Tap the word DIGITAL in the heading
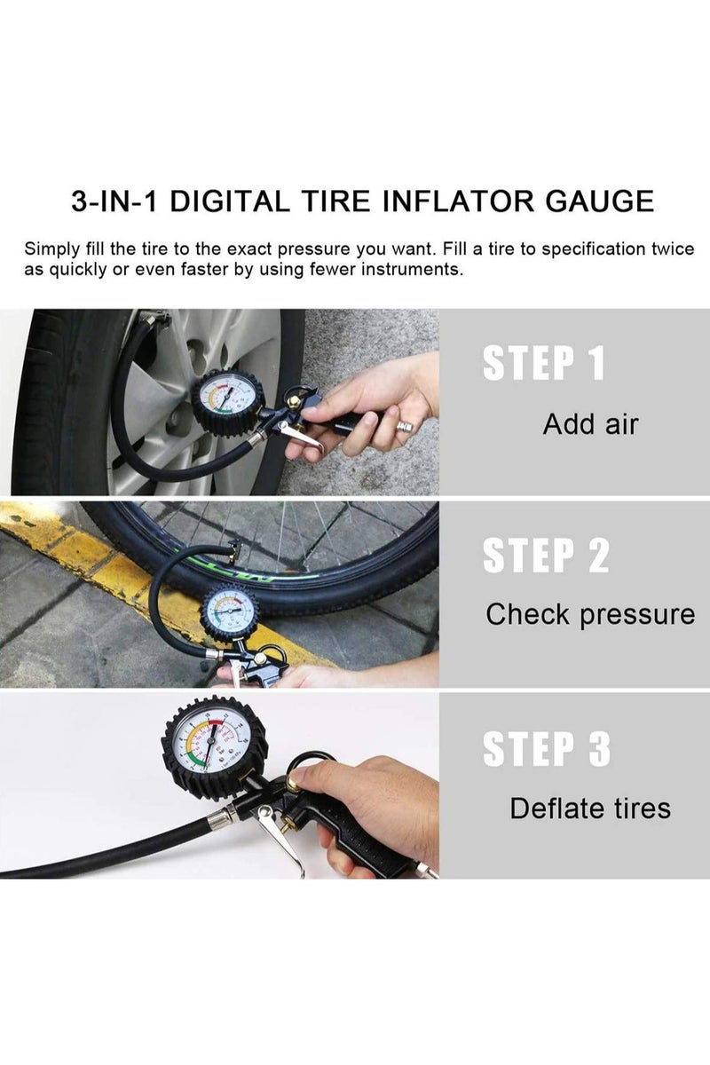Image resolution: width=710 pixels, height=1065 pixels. click(230, 201)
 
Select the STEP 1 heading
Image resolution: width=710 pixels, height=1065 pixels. click(543, 365)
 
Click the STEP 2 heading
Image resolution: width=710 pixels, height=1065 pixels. click(546, 555)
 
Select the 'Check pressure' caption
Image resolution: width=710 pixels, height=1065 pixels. click(590, 614)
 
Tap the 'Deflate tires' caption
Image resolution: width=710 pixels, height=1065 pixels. click(590, 809)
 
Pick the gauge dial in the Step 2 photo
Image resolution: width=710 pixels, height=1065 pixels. click(229, 611)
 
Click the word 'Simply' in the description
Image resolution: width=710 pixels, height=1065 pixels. click(51, 248)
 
